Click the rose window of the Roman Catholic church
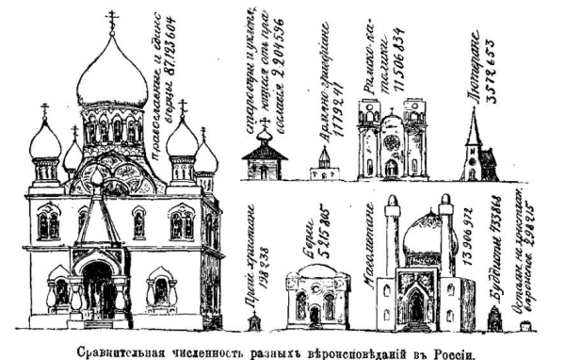pos(392,142)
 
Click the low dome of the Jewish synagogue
pos(316,272)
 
